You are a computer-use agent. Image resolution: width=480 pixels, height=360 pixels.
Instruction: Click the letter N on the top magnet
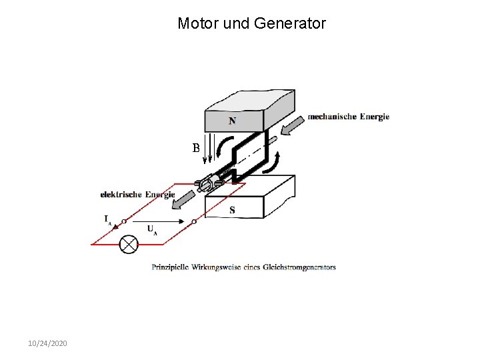[x=231, y=121]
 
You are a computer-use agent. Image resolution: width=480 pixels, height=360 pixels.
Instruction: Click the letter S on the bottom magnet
[x=231, y=210]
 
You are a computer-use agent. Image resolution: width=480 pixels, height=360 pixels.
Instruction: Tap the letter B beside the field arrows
[x=196, y=148]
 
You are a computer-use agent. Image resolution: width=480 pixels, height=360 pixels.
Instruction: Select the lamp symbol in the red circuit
[x=128, y=244]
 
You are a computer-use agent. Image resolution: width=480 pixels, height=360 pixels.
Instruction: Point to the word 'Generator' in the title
[x=293, y=24]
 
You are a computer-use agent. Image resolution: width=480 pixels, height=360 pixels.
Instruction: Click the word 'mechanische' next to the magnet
[x=332, y=117]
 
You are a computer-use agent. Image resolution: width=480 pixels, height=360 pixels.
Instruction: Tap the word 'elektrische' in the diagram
[x=121, y=195]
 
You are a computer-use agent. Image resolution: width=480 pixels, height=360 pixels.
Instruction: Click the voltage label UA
[x=152, y=230]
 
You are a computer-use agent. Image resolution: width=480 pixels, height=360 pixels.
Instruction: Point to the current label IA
[x=107, y=219]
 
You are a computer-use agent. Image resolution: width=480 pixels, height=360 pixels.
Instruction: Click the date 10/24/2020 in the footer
[x=47, y=343]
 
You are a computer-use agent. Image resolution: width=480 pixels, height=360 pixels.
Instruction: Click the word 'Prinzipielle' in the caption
[x=170, y=267]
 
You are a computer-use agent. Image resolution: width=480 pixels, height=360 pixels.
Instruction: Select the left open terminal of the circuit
[x=124, y=221]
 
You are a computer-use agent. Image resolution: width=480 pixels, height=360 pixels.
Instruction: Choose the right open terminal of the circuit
[x=193, y=221]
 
